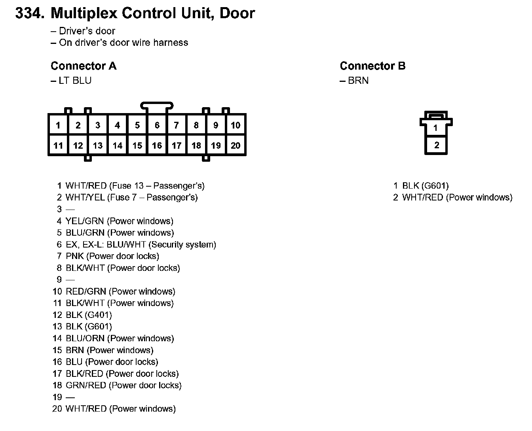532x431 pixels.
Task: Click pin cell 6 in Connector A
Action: (157, 125)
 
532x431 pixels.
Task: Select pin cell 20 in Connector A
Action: (236, 146)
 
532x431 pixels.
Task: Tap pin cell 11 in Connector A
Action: (58, 146)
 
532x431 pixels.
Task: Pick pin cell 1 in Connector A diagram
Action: (58, 125)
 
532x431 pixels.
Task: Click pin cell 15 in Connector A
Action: (137, 146)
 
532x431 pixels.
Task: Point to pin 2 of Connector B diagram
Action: (436, 145)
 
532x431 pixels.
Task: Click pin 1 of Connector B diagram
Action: (436, 128)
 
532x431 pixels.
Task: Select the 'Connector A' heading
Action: (84, 66)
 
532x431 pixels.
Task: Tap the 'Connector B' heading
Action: (372, 66)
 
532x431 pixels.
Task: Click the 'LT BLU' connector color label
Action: (75, 81)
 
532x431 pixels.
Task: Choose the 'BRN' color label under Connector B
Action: (358, 81)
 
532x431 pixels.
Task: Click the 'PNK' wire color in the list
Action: (75, 256)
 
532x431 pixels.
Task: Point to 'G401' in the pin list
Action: (98, 315)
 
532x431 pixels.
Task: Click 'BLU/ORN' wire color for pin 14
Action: (85, 338)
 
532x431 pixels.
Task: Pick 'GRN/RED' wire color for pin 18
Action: (86, 386)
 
